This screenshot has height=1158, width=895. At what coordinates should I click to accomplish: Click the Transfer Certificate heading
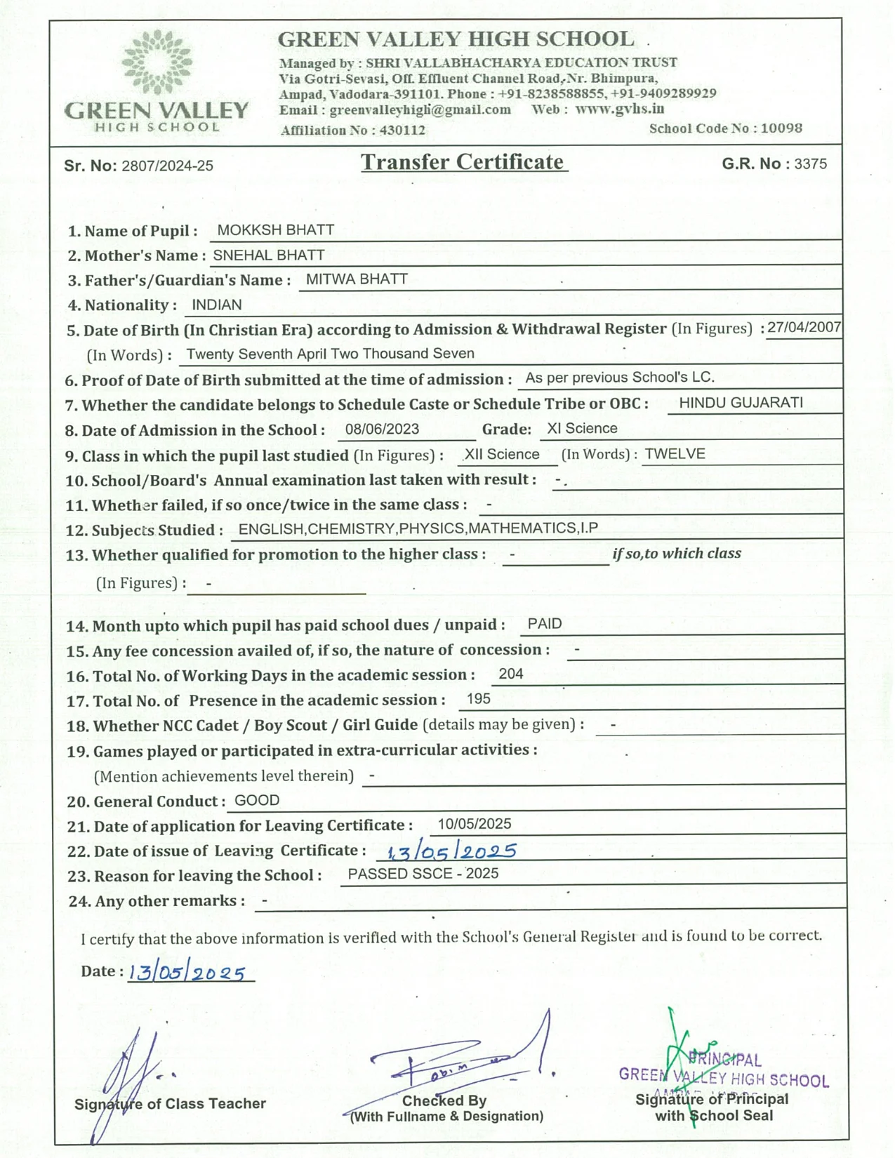click(x=463, y=162)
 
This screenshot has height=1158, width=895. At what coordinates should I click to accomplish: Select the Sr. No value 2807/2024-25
click(x=167, y=166)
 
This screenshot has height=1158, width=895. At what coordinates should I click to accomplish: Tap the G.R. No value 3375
click(x=810, y=164)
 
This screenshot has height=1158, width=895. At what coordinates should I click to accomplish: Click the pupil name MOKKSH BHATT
click(x=275, y=230)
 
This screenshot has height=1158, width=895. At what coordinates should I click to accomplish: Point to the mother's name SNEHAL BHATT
click(x=268, y=255)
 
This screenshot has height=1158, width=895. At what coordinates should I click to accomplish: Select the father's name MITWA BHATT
click(x=357, y=279)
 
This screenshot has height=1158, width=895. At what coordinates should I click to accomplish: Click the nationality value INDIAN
click(x=216, y=305)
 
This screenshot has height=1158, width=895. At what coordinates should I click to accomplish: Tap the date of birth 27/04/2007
click(x=804, y=327)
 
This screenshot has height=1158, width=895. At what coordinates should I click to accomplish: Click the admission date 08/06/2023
click(x=382, y=430)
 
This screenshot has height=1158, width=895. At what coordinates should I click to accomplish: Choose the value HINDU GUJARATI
click(x=741, y=403)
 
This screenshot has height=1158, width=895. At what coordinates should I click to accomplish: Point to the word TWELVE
click(x=675, y=454)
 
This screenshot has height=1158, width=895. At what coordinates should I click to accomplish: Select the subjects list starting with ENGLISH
click(x=418, y=528)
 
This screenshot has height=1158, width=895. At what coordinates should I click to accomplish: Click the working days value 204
click(x=510, y=674)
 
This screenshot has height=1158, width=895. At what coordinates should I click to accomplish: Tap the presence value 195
click(x=478, y=699)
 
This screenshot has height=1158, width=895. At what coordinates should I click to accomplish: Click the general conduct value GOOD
click(x=256, y=801)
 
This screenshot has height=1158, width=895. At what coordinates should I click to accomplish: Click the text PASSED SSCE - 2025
click(x=423, y=874)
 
